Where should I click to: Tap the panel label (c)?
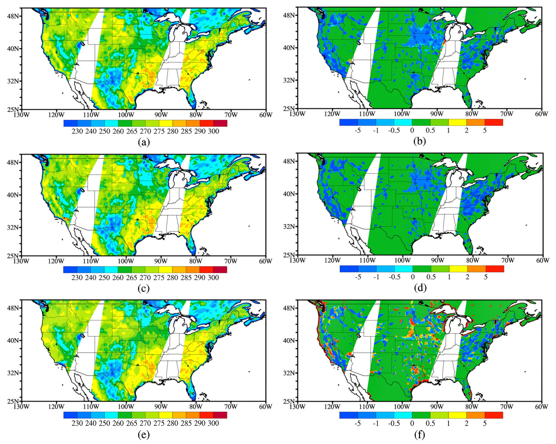point(144,288)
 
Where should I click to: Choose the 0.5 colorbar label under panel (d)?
point(431,277)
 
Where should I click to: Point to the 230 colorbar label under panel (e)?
point(77,423)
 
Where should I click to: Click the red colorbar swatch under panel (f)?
point(494,415)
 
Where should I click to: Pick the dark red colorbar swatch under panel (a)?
point(220,123)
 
